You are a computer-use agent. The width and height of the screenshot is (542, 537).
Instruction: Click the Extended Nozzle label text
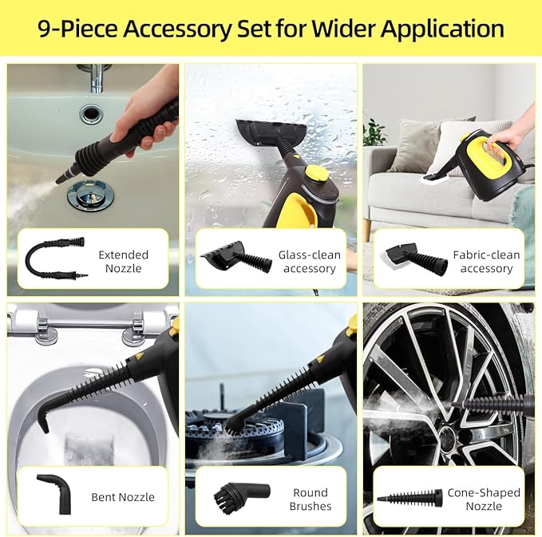(x=124, y=262)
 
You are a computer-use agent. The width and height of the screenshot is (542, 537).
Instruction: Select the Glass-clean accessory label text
(x=309, y=262)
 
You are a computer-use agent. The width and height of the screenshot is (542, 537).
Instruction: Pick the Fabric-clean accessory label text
(x=486, y=262)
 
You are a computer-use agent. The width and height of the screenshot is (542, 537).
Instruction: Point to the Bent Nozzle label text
(x=123, y=497)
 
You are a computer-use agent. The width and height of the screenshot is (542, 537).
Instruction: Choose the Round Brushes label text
(x=311, y=500)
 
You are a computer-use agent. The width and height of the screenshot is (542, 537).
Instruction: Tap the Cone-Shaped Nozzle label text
(x=484, y=499)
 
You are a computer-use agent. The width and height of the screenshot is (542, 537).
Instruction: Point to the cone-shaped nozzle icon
(x=409, y=498)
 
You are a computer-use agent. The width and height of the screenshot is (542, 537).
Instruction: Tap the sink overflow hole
(x=92, y=113)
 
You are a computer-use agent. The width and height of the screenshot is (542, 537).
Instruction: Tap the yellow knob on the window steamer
(x=317, y=172)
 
